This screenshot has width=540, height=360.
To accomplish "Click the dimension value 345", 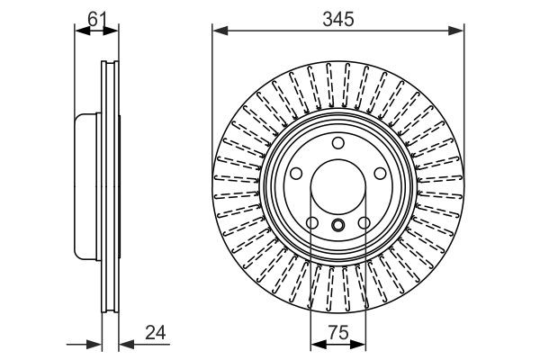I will (x=337, y=16).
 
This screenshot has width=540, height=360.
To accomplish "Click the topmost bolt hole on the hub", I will (x=337, y=142).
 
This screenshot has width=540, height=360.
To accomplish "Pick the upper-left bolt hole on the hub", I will (x=296, y=172).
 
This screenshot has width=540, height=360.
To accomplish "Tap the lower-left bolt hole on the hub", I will (x=312, y=222).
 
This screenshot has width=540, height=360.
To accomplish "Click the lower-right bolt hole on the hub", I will (x=364, y=222).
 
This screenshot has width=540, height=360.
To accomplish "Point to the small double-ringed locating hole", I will (x=337, y=226).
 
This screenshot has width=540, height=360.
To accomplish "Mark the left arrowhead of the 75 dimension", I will (x=315, y=343).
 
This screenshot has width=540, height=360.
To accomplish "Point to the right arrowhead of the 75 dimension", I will (x=360, y=343).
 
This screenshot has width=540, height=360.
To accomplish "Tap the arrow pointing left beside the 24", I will (x=125, y=343).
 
